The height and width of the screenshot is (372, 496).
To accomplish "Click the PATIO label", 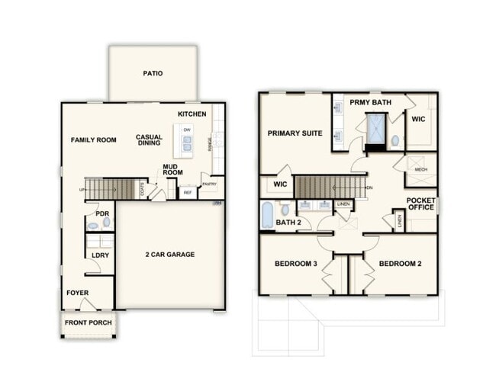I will pyautogui.click(x=153, y=74).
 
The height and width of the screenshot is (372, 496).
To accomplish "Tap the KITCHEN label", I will pyautogui.click(x=192, y=114).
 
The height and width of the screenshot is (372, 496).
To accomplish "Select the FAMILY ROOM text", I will pyautogui.click(x=93, y=140).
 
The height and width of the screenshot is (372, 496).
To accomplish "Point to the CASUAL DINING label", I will pyautogui.click(x=149, y=141).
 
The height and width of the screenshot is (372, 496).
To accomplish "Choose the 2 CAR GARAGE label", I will pyautogui.click(x=169, y=254).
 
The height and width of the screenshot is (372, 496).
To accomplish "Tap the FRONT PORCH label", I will pyautogui.click(x=88, y=323).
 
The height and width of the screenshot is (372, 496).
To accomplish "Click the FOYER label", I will pyautogui.click(x=78, y=292).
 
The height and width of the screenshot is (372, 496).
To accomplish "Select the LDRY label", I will pyautogui.click(x=100, y=255).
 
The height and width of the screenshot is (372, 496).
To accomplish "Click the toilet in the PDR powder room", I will pyautogui.click(x=105, y=223).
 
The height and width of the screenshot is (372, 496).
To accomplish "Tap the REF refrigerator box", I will pyautogui.click(x=187, y=194).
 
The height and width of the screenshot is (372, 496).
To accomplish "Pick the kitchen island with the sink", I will pyautogui.click(x=187, y=140).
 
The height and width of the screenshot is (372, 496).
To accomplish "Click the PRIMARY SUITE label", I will pyautogui.click(x=295, y=133).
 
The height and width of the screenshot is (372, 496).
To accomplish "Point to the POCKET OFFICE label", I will pyautogui.click(x=421, y=203).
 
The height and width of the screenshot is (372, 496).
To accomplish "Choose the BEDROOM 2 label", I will pyautogui.click(x=401, y=264).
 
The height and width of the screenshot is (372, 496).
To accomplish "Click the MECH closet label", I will pyautogui.click(x=421, y=168).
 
